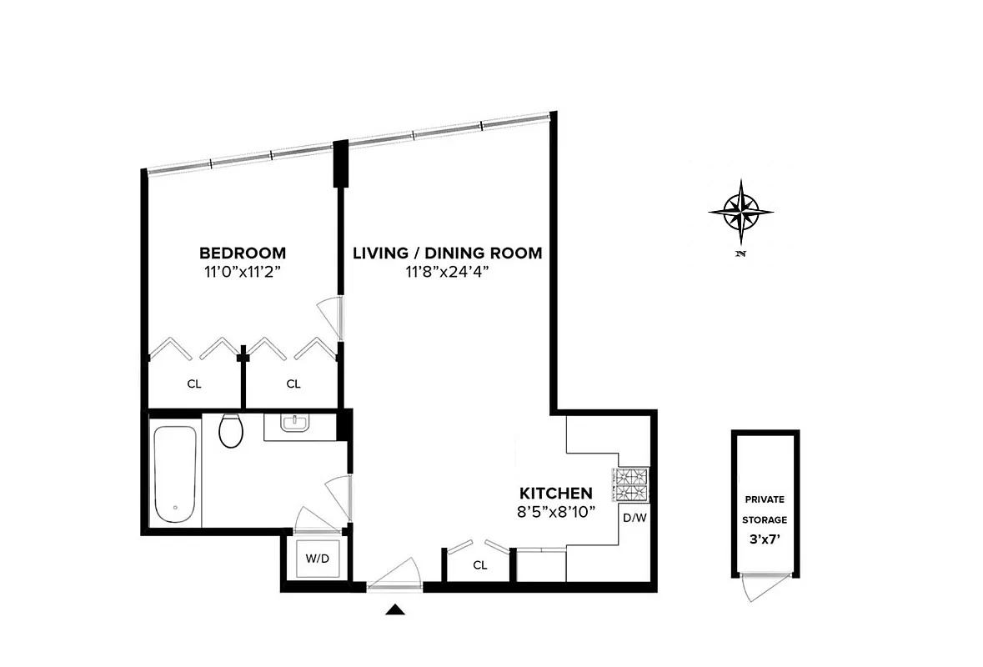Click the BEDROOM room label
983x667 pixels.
point(242,253)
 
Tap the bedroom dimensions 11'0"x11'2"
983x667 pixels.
point(242,271)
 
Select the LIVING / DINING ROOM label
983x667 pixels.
point(447,253)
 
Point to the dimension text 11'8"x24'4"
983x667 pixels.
point(447,271)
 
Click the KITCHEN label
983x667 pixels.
point(556,493)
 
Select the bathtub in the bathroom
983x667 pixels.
point(175,474)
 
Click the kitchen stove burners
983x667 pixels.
point(633,485)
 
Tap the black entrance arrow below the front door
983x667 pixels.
point(396,610)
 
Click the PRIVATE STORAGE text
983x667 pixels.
point(765,509)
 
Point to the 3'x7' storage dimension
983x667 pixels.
point(765,539)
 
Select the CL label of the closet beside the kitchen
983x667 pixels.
point(479,565)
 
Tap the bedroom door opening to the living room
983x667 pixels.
point(331,318)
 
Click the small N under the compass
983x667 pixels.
point(740,253)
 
